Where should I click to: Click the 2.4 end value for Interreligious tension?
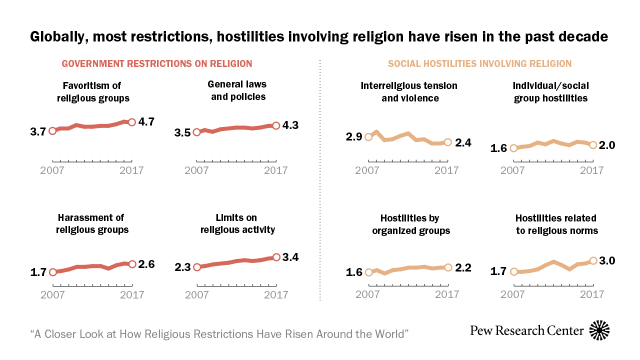(464, 144)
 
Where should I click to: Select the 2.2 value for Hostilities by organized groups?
(464, 267)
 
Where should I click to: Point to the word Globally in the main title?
(61, 36)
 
